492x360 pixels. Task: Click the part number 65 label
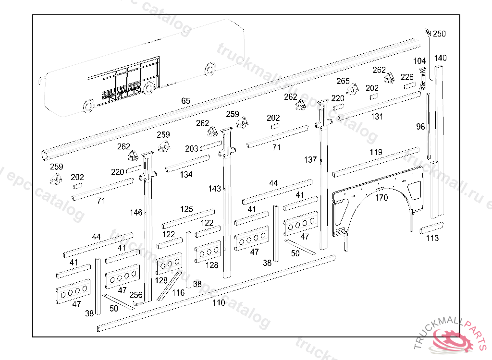click(185, 101)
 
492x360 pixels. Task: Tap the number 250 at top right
click(439, 34)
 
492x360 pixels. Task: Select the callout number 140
click(440, 58)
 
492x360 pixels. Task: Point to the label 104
click(419, 61)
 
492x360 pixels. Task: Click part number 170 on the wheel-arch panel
click(381, 197)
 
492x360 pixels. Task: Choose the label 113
click(432, 238)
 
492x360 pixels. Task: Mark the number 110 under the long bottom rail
click(219, 303)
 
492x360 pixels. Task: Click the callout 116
click(178, 292)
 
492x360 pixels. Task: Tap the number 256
click(136, 295)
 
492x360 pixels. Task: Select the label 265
click(343, 81)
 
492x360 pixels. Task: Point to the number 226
click(407, 77)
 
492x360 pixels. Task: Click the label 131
click(377, 117)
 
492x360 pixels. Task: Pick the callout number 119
click(376, 152)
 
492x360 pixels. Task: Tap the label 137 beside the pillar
click(310, 159)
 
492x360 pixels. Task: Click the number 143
click(214, 189)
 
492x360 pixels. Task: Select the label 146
click(136, 212)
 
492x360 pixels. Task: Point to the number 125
click(186, 209)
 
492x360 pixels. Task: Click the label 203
click(191, 149)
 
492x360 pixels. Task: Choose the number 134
click(186, 175)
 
